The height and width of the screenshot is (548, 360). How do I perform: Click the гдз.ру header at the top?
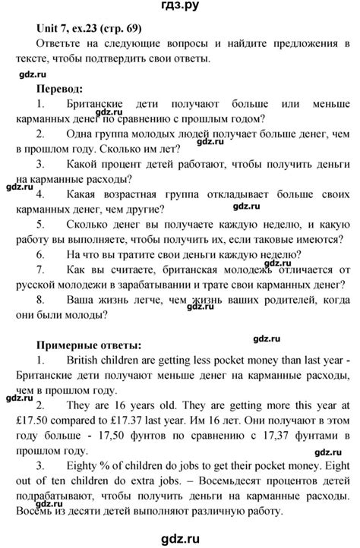click(180, 8)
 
